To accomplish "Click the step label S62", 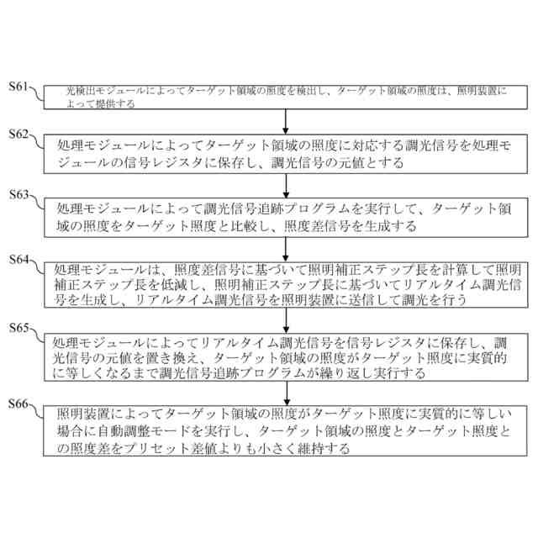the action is (18, 134).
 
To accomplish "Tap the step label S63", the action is (18, 194).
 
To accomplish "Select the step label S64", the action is (18, 260).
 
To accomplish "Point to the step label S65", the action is (18, 327).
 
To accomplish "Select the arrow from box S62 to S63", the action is (287, 184).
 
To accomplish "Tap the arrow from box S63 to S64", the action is (287, 246).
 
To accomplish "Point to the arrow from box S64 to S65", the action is (287, 317).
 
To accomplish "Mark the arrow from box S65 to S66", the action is (287, 392).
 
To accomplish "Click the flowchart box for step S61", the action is (287, 97).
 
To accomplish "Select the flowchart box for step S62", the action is (287, 154).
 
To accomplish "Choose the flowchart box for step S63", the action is (287, 216).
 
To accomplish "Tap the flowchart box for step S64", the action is (287, 282).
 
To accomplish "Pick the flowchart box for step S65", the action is (287, 357).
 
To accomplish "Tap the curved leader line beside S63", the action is (37, 203).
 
